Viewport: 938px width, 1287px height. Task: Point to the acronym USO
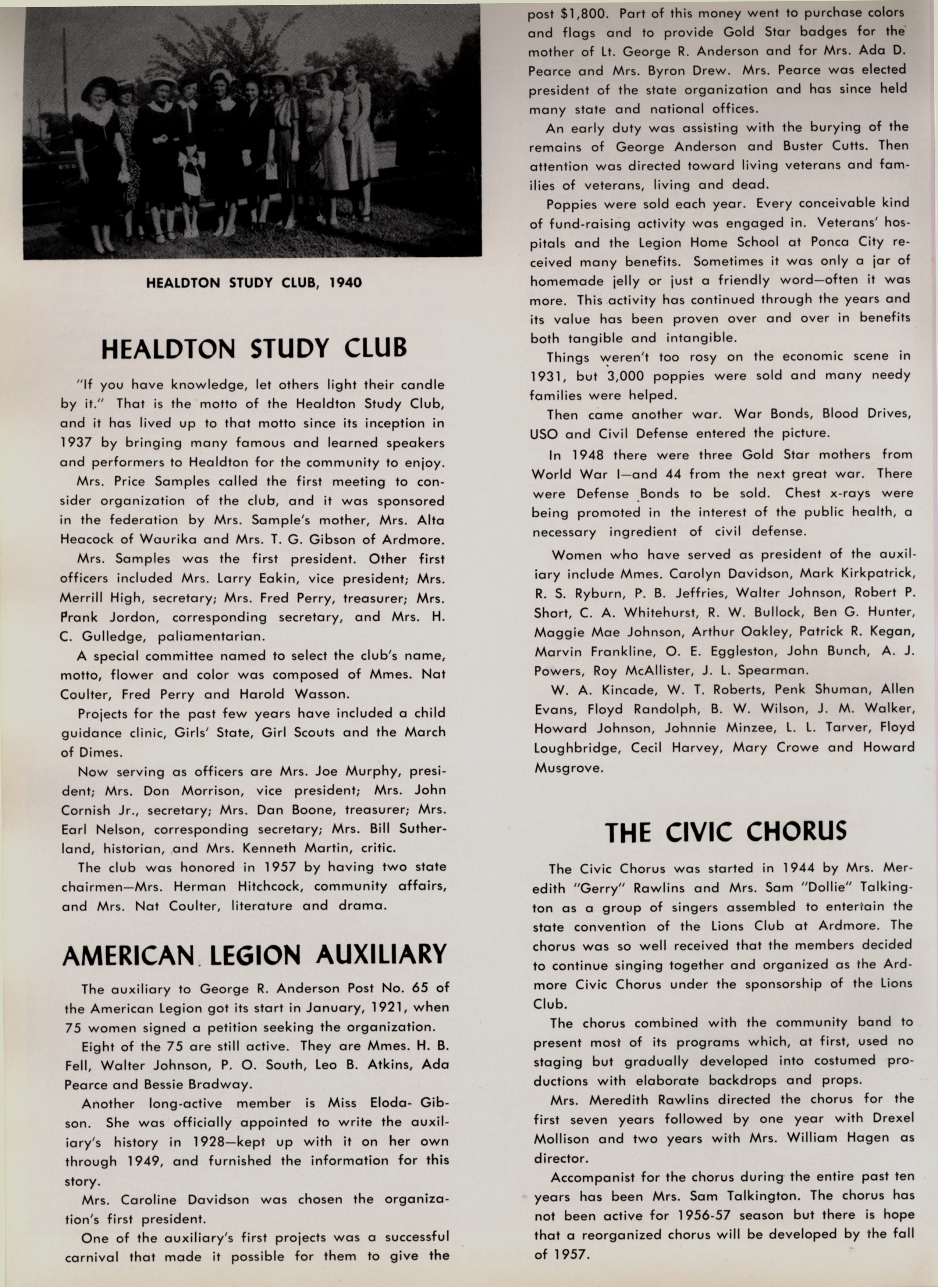[544, 434]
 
